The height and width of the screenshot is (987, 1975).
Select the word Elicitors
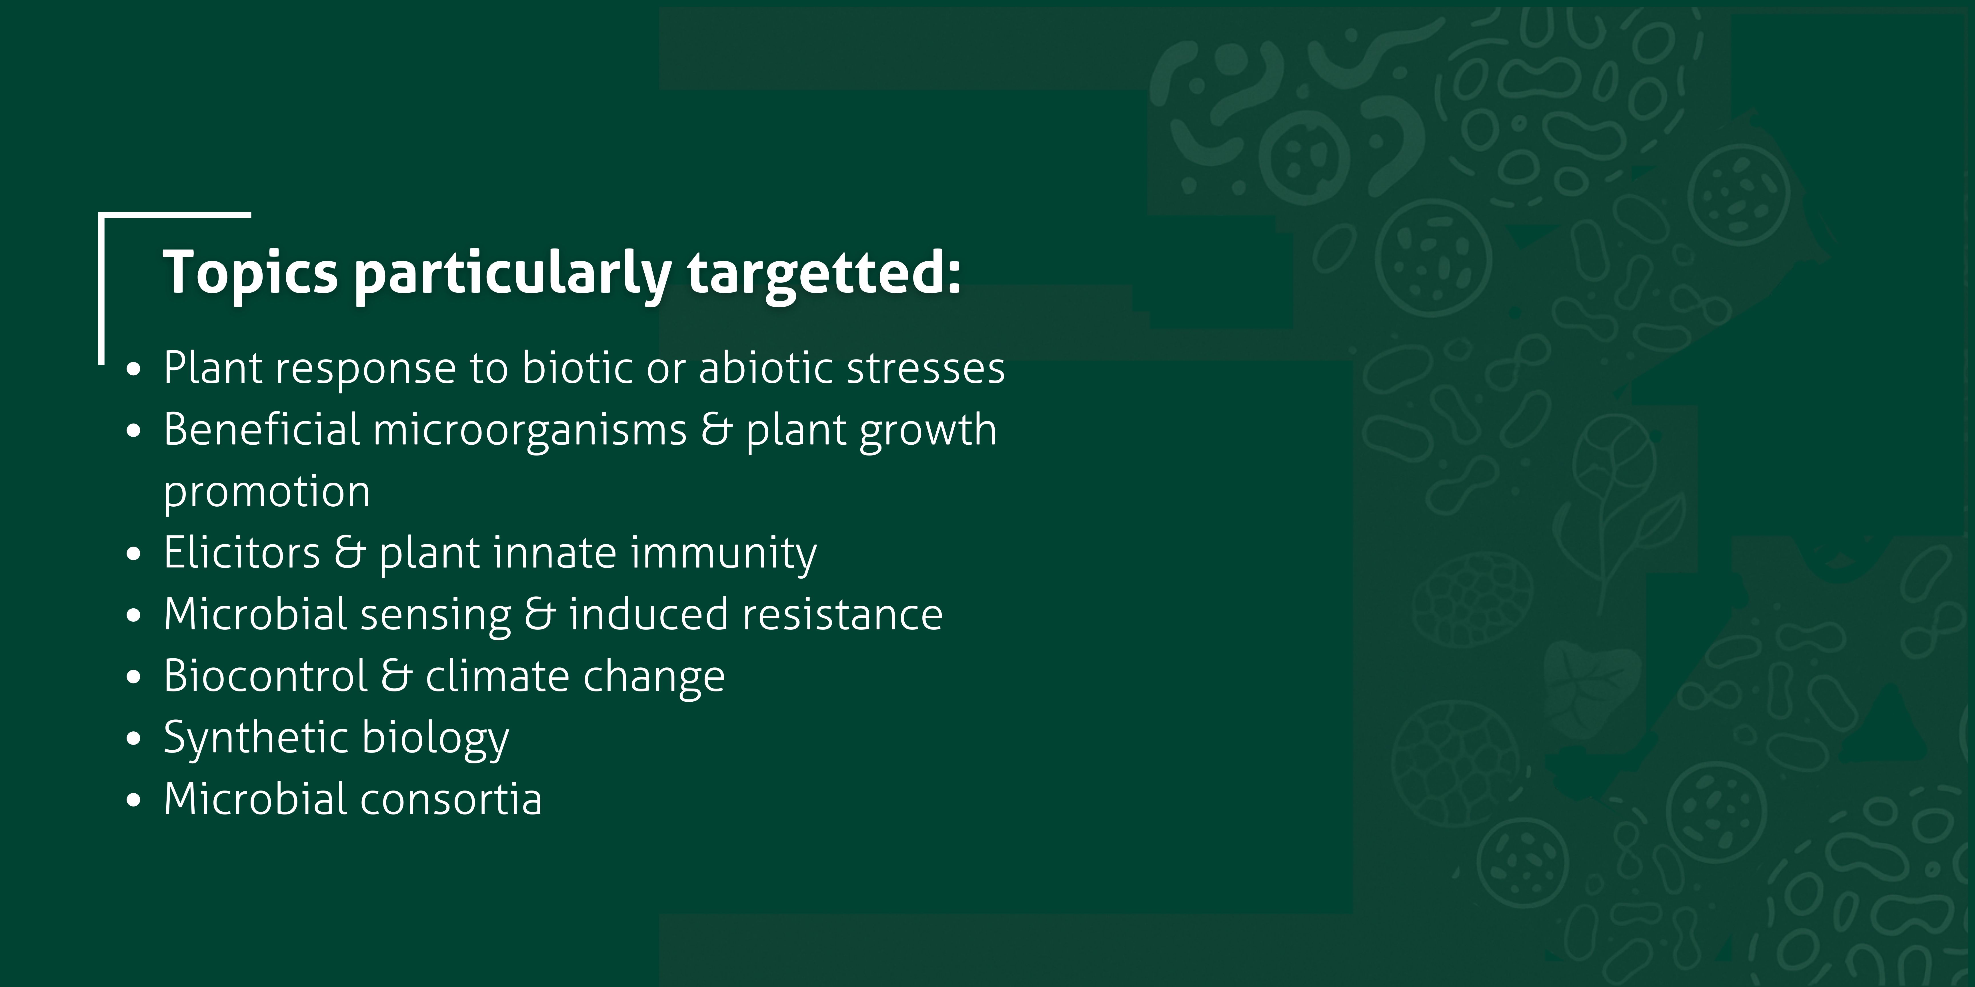(241, 553)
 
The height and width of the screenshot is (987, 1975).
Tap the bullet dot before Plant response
(134, 369)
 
